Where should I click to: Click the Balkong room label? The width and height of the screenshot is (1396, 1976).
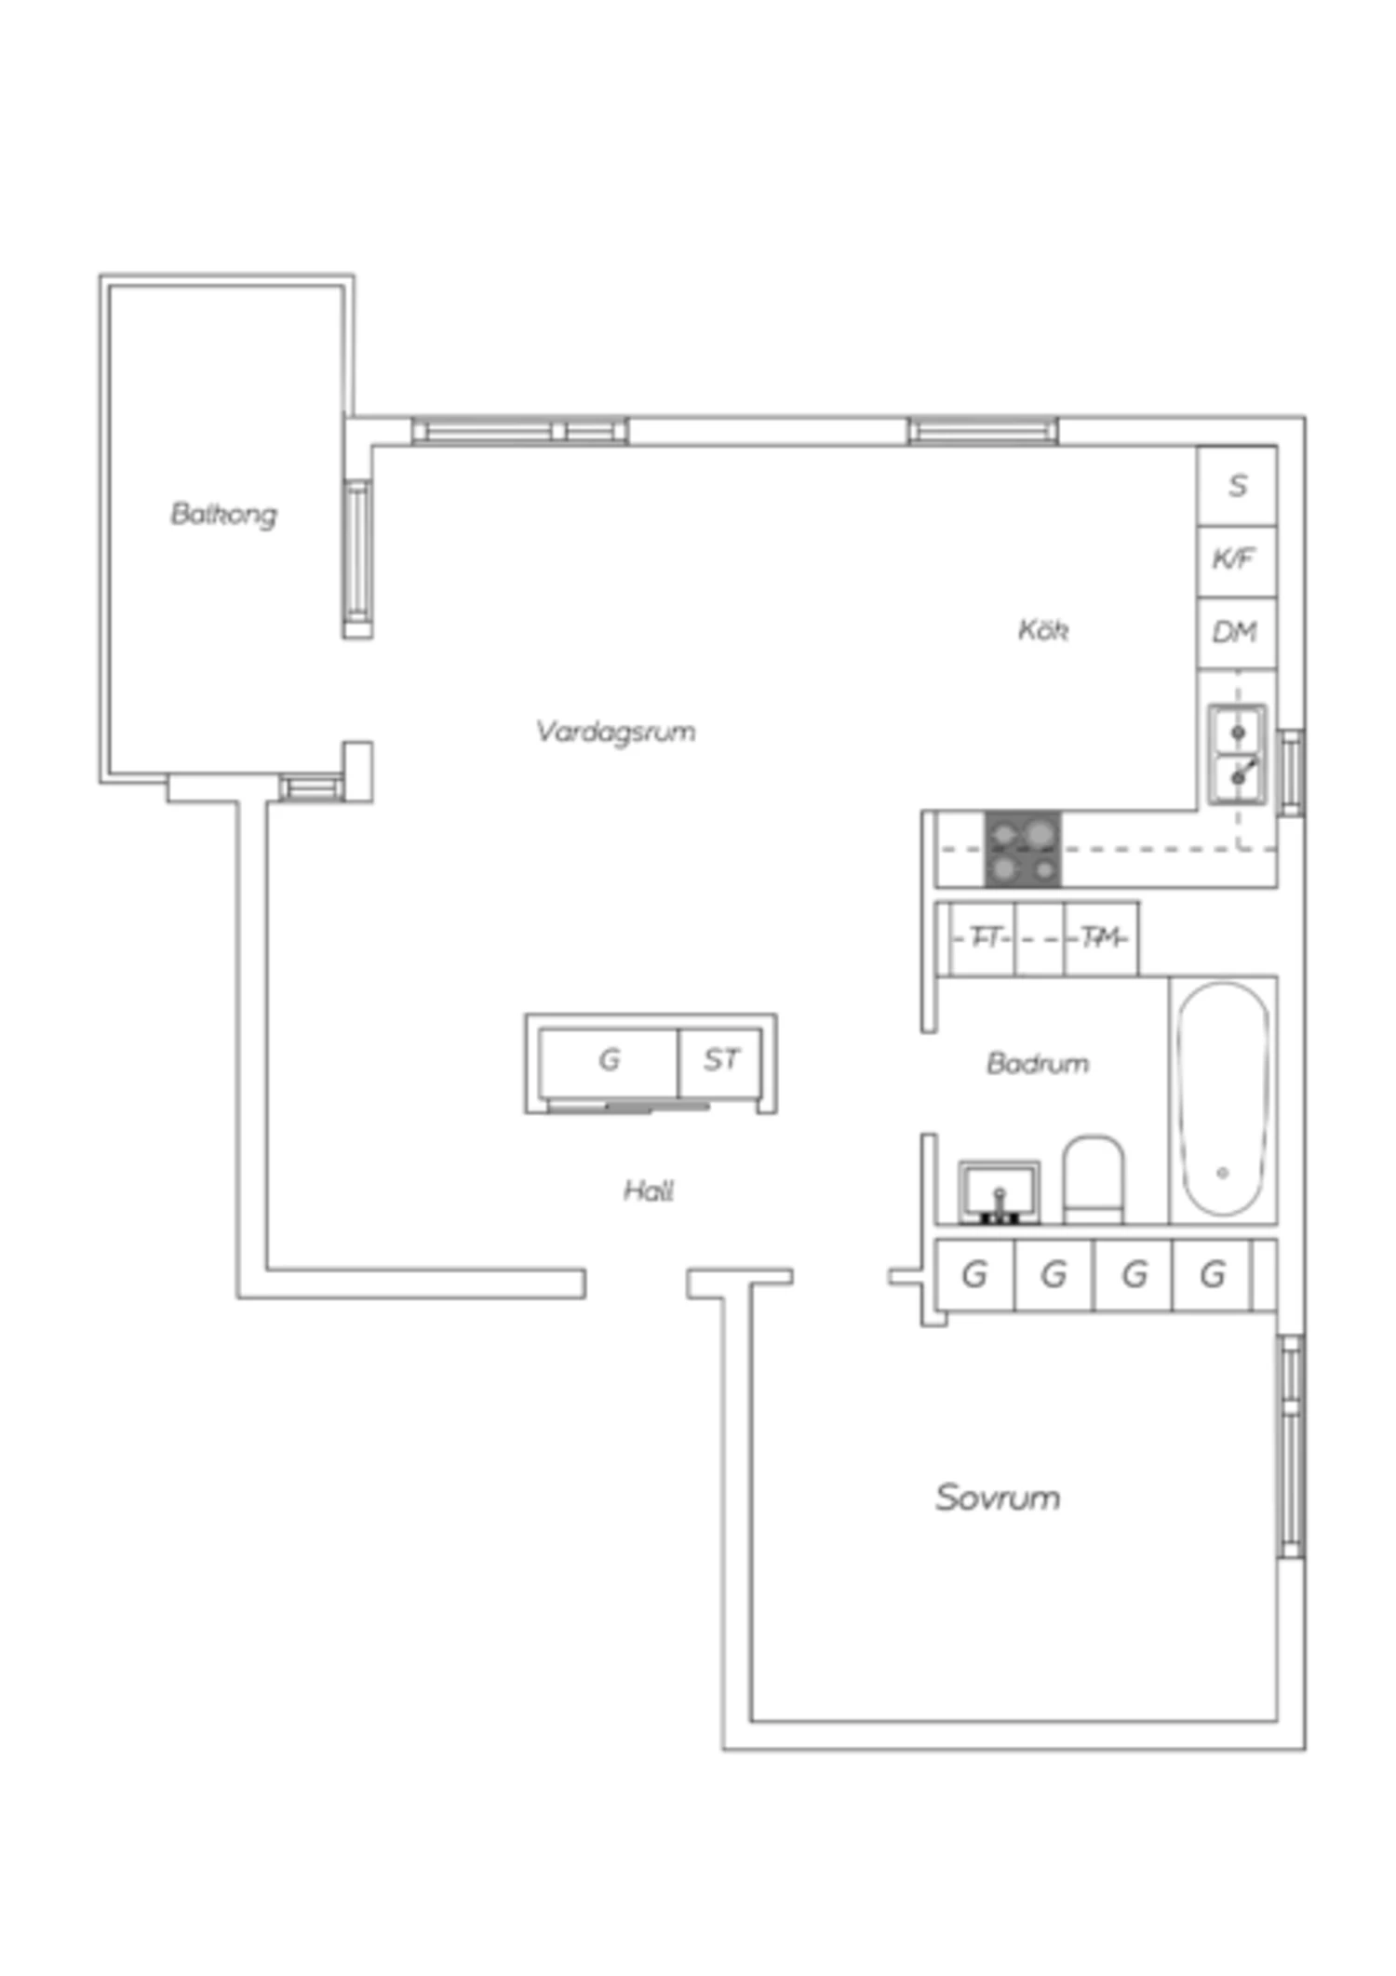(223, 514)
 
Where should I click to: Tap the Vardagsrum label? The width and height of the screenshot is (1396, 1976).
(615, 732)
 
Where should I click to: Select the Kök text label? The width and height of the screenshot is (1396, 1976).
(1042, 630)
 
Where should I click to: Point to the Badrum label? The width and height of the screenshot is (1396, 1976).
(1038, 1063)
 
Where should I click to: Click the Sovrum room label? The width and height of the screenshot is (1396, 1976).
(998, 1497)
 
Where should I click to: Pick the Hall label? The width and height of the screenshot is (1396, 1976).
(649, 1190)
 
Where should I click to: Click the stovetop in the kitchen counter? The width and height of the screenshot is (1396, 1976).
(1023, 849)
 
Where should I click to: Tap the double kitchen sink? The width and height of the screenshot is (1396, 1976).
(1238, 754)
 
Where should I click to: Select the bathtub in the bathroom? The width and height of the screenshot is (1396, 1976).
(1224, 1099)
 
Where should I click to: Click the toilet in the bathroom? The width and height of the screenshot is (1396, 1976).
(1094, 1178)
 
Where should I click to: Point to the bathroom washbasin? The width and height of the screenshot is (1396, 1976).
(1000, 1192)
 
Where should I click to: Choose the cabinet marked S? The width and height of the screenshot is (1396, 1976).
(1237, 486)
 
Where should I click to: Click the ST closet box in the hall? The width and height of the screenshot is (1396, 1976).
(720, 1062)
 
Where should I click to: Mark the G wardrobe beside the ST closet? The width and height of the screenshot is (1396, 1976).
(609, 1062)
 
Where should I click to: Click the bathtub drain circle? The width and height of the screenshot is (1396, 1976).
(1223, 1173)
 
